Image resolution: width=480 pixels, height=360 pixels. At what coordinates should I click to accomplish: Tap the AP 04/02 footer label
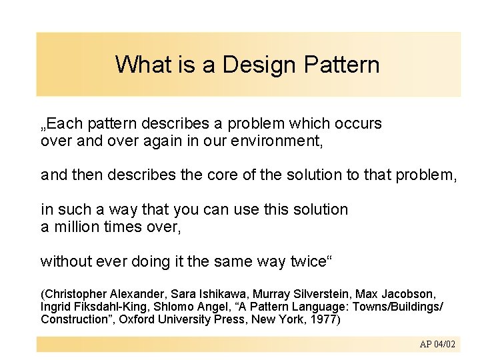point(437,344)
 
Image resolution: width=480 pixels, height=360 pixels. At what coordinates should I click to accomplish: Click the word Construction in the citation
point(71,319)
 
